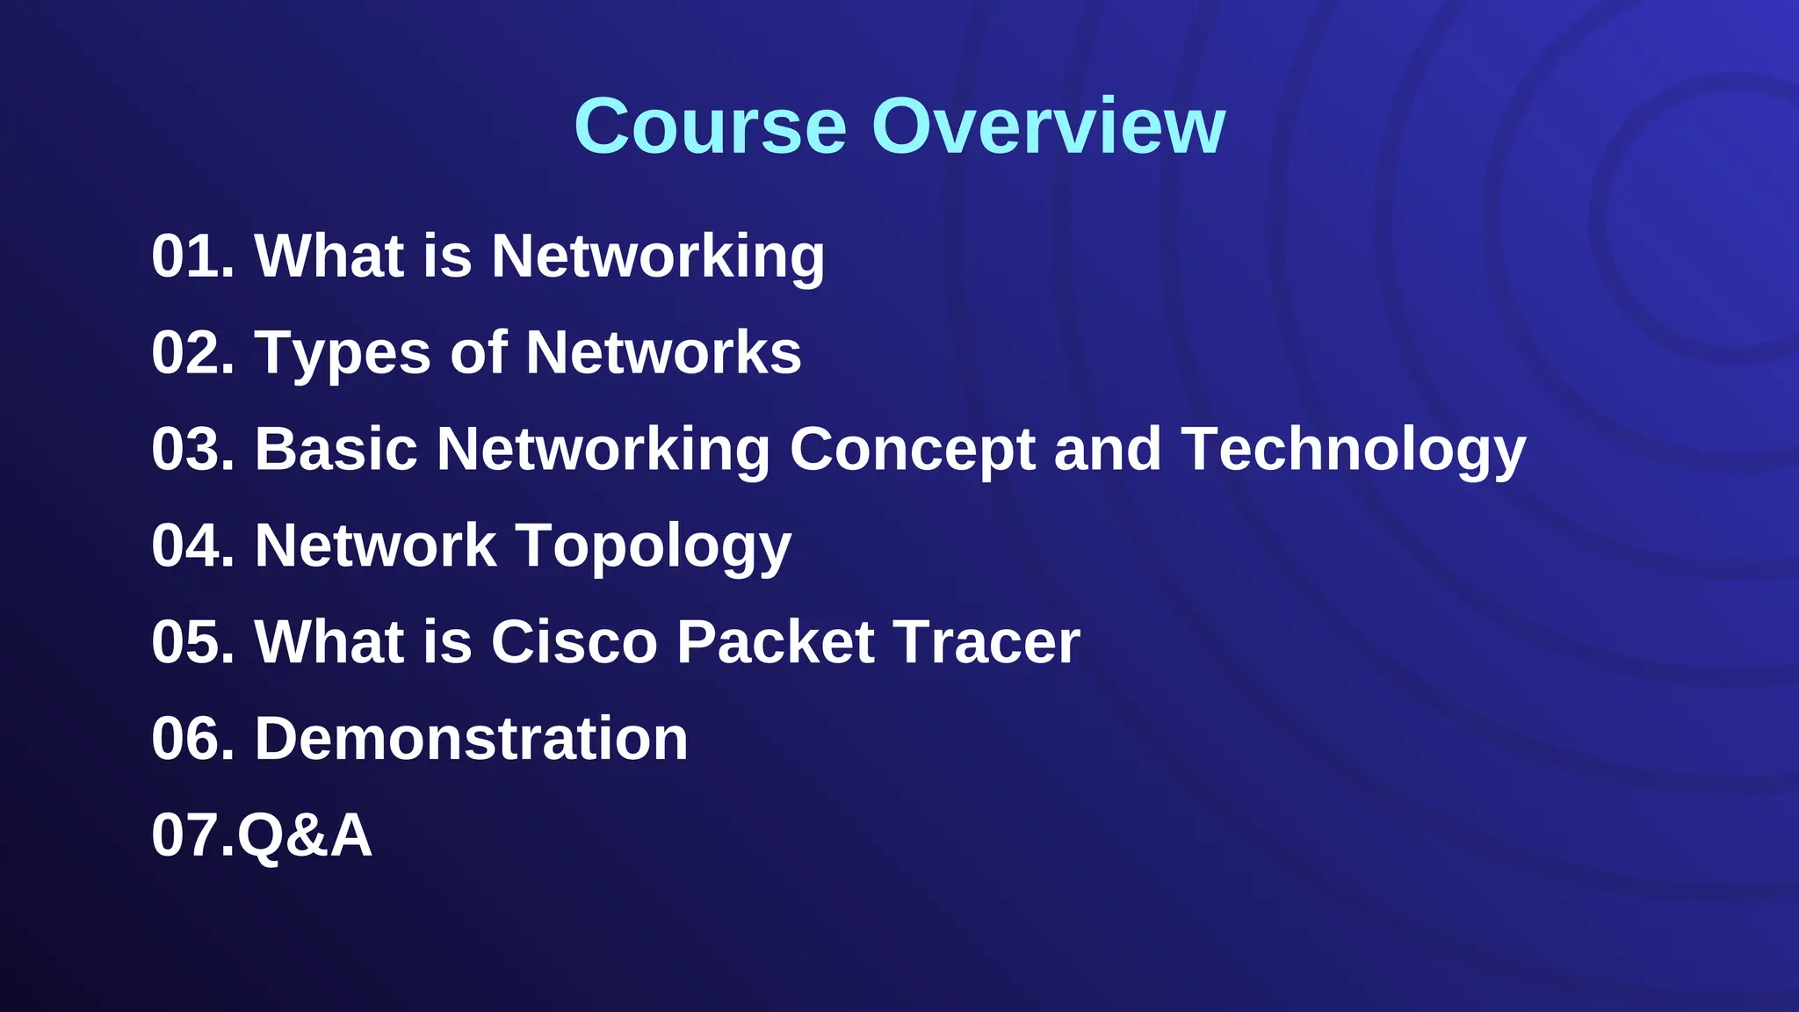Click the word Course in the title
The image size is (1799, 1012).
(x=710, y=126)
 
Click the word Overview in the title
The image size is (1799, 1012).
(x=1047, y=126)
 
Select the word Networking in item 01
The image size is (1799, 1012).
(x=657, y=257)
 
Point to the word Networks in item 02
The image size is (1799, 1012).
(x=663, y=353)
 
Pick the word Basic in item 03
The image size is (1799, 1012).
(x=336, y=450)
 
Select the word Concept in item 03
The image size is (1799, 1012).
(x=912, y=450)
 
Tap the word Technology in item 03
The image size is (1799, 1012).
(x=1353, y=450)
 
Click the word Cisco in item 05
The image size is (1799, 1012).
(x=574, y=642)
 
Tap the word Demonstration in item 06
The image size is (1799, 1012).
(x=471, y=739)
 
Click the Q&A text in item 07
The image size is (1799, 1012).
(x=305, y=835)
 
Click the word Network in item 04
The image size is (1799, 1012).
(x=375, y=546)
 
